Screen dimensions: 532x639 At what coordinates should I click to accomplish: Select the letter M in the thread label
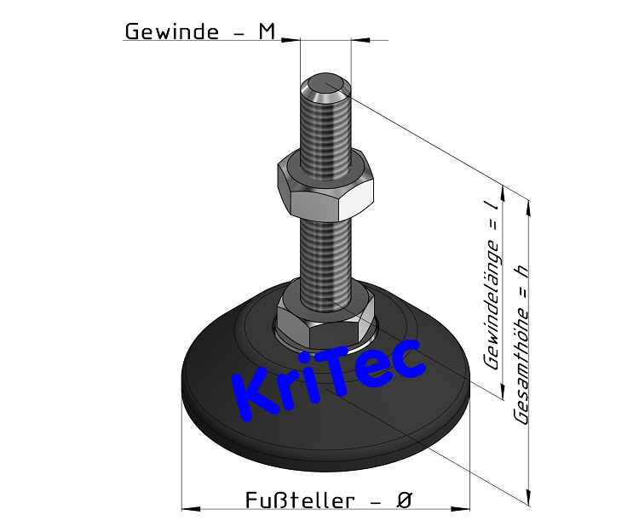(268, 31)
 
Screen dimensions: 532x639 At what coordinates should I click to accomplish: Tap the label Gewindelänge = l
(491, 285)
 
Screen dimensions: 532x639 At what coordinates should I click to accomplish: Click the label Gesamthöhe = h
(522, 340)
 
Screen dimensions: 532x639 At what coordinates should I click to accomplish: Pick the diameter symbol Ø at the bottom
(405, 501)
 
